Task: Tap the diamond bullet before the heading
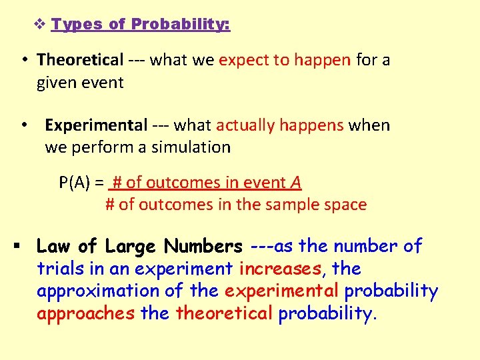(x=39, y=25)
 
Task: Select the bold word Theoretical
(x=80, y=60)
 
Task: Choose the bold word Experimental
(x=96, y=125)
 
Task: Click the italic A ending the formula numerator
(x=296, y=183)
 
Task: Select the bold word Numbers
(x=203, y=247)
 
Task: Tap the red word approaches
(x=86, y=314)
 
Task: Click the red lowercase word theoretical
(x=224, y=314)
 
